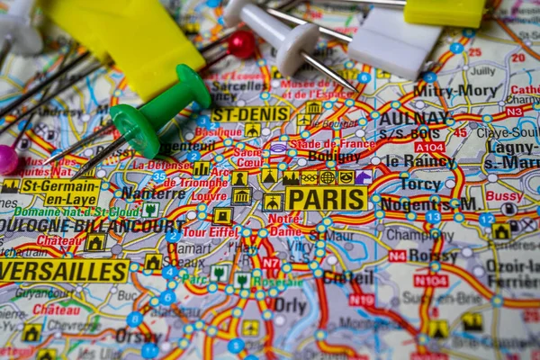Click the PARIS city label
pyautogui.click(x=326, y=199)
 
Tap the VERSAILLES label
pyautogui.click(x=64, y=271)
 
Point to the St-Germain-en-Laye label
pyautogui.click(x=60, y=192)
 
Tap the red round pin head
pyautogui.click(x=241, y=43)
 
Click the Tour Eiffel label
pyautogui.click(x=211, y=232)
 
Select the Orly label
pyautogui.click(x=290, y=305)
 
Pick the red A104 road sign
pyautogui.click(x=429, y=147)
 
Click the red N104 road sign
pyautogui.click(x=430, y=281)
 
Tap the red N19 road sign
pyautogui.click(x=362, y=300)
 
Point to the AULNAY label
pyautogui.click(x=413, y=117)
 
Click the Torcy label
pyautogui.click(x=421, y=184)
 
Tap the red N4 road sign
pyautogui.click(x=397, y=256)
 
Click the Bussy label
pyautogui.click(x=504, y=195)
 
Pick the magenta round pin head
pyautogui.click(x=8, y=159)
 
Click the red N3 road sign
pyautogui.click(x=514, y=112)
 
